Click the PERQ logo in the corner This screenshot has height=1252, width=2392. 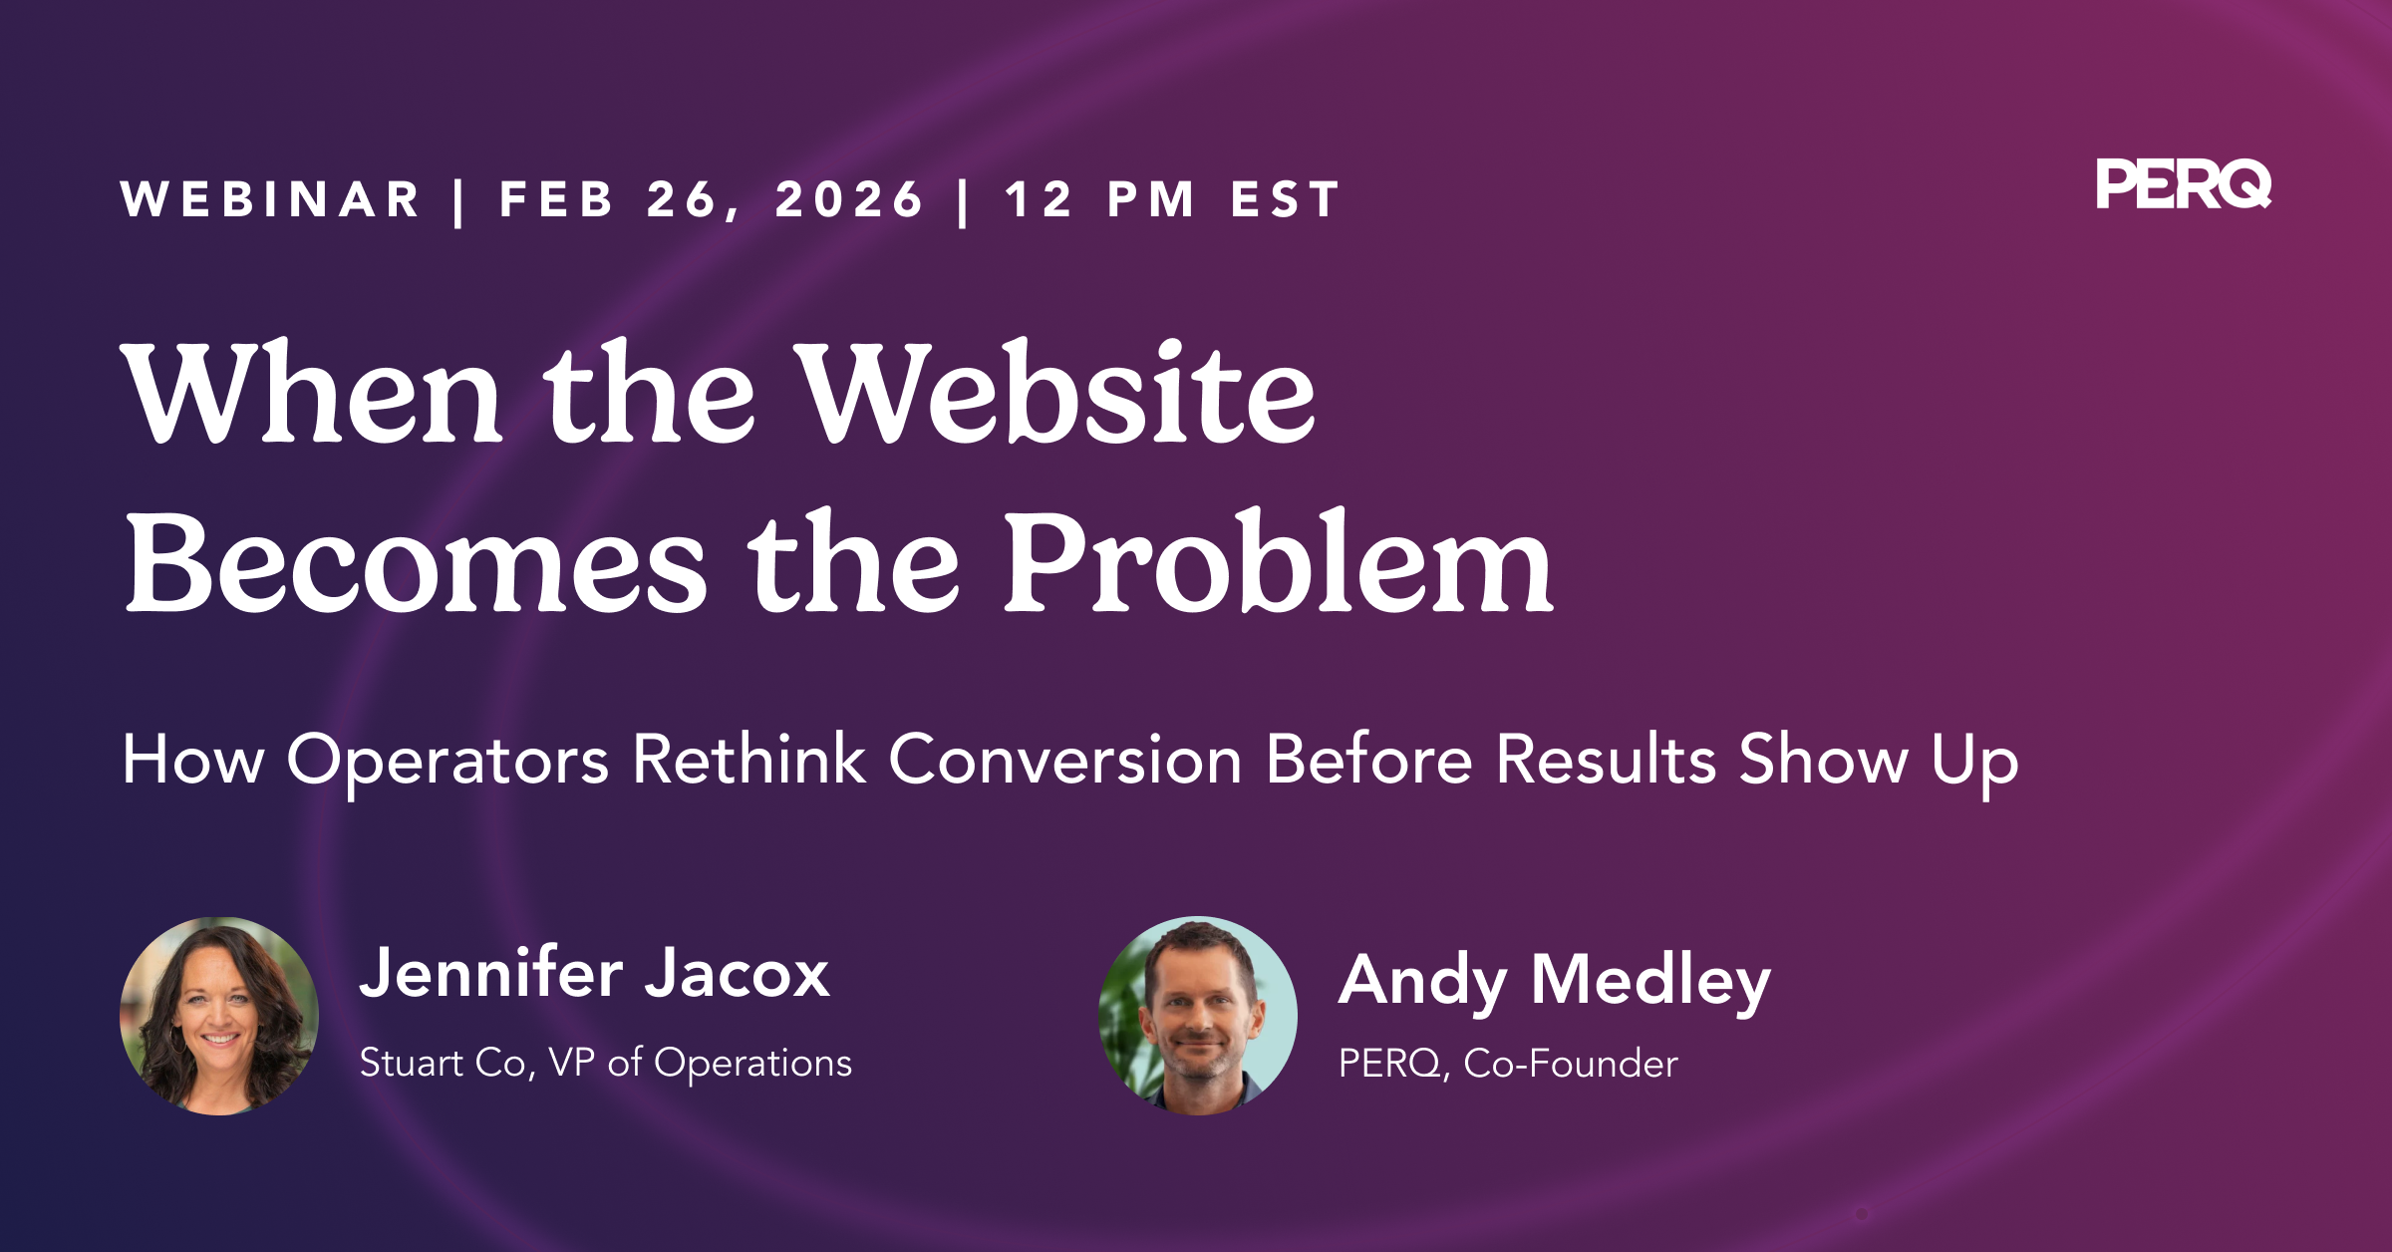[2184, 184]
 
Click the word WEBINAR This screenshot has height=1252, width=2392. [271, 199]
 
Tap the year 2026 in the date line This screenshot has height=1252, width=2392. [850, 199]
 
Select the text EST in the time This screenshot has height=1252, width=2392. [1286, 199]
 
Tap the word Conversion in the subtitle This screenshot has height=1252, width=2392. [1065, 760]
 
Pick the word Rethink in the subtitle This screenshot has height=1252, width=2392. [749, 759]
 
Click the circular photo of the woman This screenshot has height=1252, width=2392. [219, 1016]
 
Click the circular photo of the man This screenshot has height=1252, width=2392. [1198, 1016]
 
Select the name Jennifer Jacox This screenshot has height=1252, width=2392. [594, 973]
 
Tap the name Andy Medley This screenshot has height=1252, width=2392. [1555, 982]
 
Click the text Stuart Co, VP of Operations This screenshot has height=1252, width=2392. [606, 1064]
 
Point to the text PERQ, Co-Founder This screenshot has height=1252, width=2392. [1508, 1064]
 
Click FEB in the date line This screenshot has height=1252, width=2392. [556, 199]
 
